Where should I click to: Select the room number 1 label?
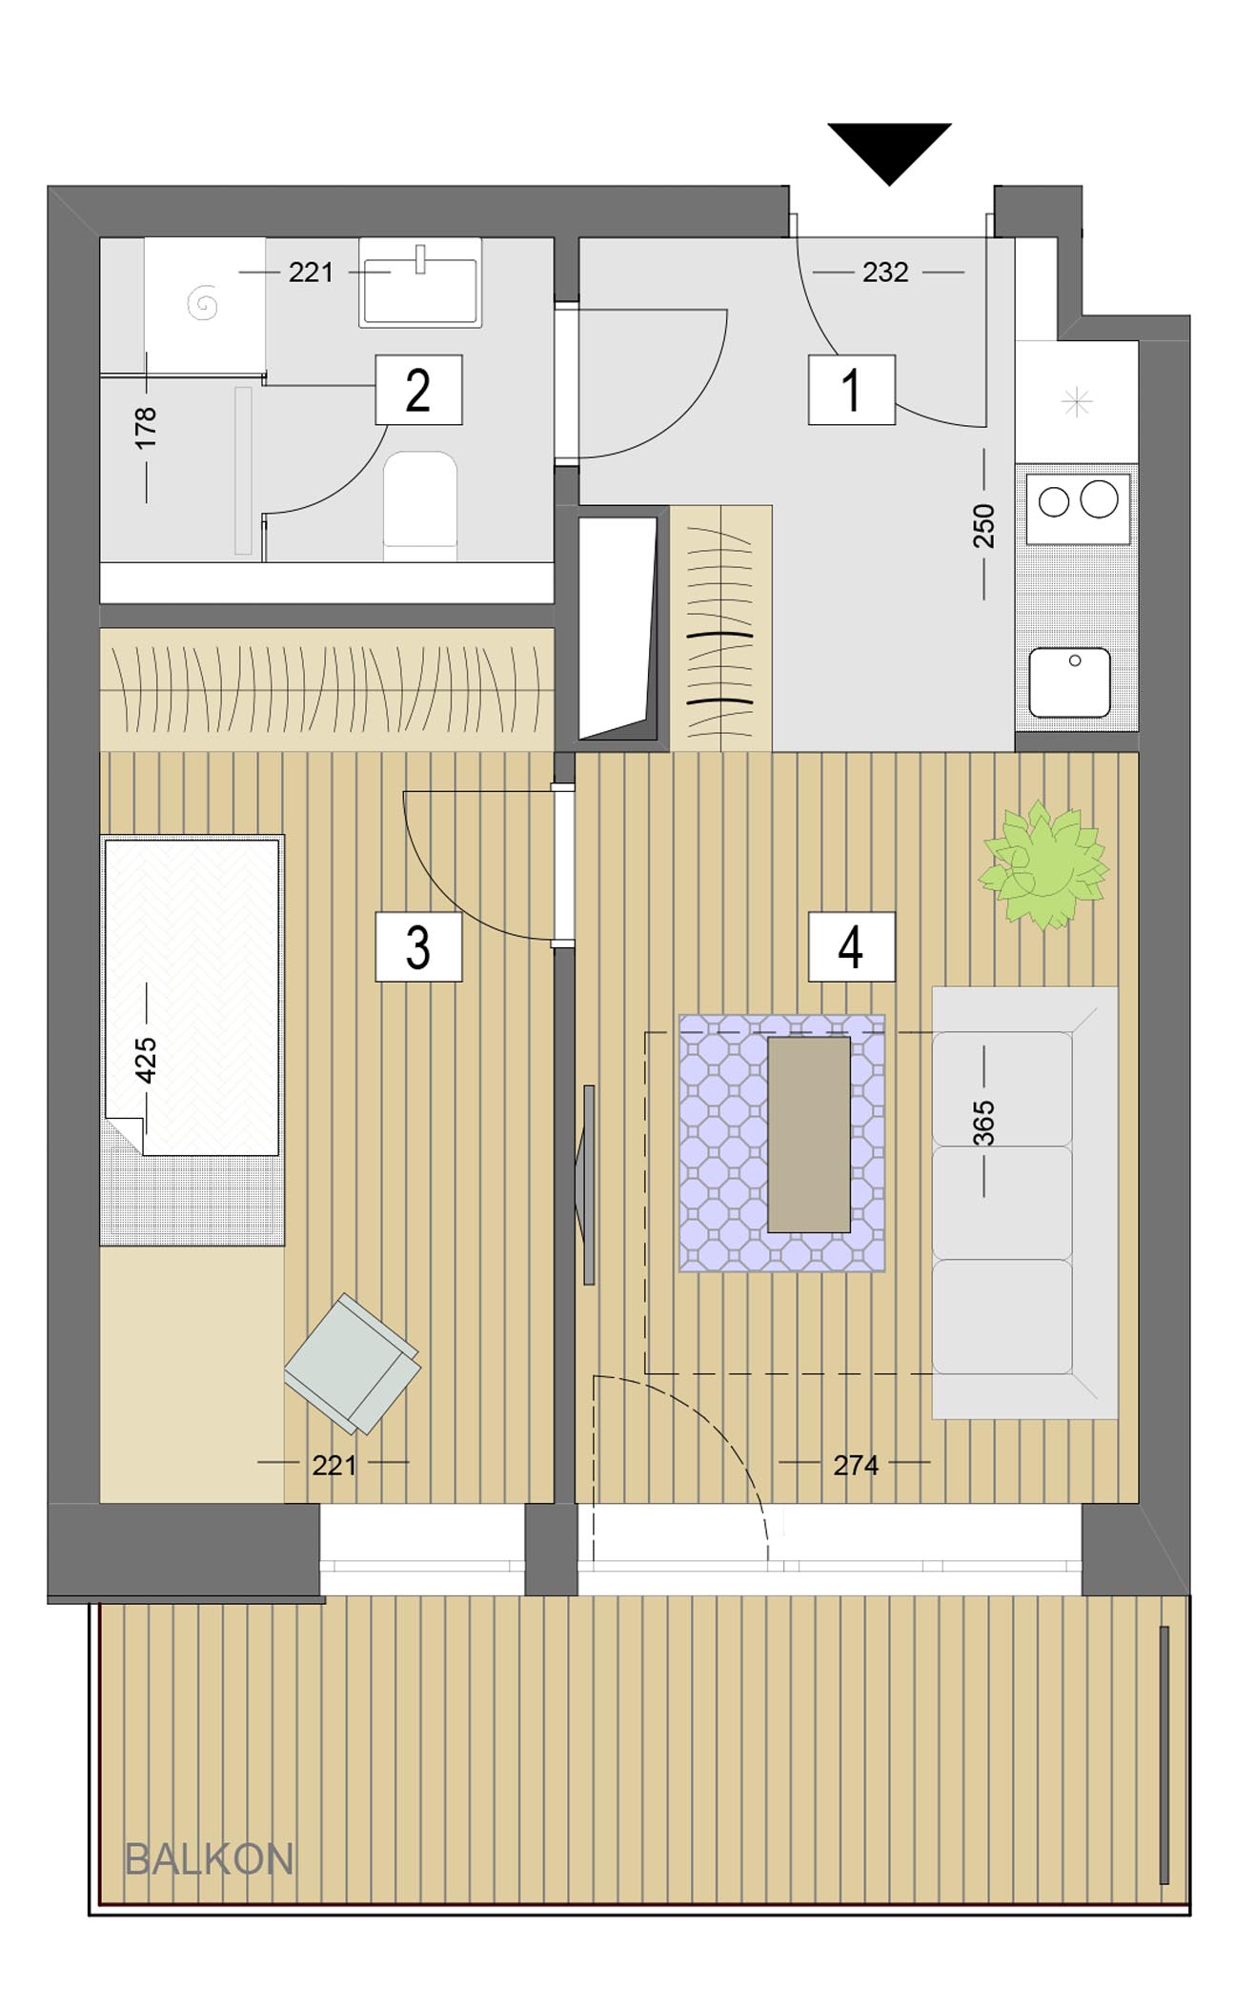852,390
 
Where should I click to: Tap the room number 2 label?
418,390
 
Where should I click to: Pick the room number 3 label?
418,946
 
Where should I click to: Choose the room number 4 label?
852,946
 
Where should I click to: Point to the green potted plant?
1044,863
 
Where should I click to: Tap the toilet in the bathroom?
420,505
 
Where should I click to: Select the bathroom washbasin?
420,283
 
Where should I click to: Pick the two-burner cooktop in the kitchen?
1078,503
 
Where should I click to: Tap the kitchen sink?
1069,682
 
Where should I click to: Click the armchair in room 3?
353,1363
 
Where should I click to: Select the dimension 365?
984,1123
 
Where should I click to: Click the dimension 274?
856,1466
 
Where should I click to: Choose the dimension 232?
885,273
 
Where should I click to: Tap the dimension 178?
146,428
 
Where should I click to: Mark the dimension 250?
984,526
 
